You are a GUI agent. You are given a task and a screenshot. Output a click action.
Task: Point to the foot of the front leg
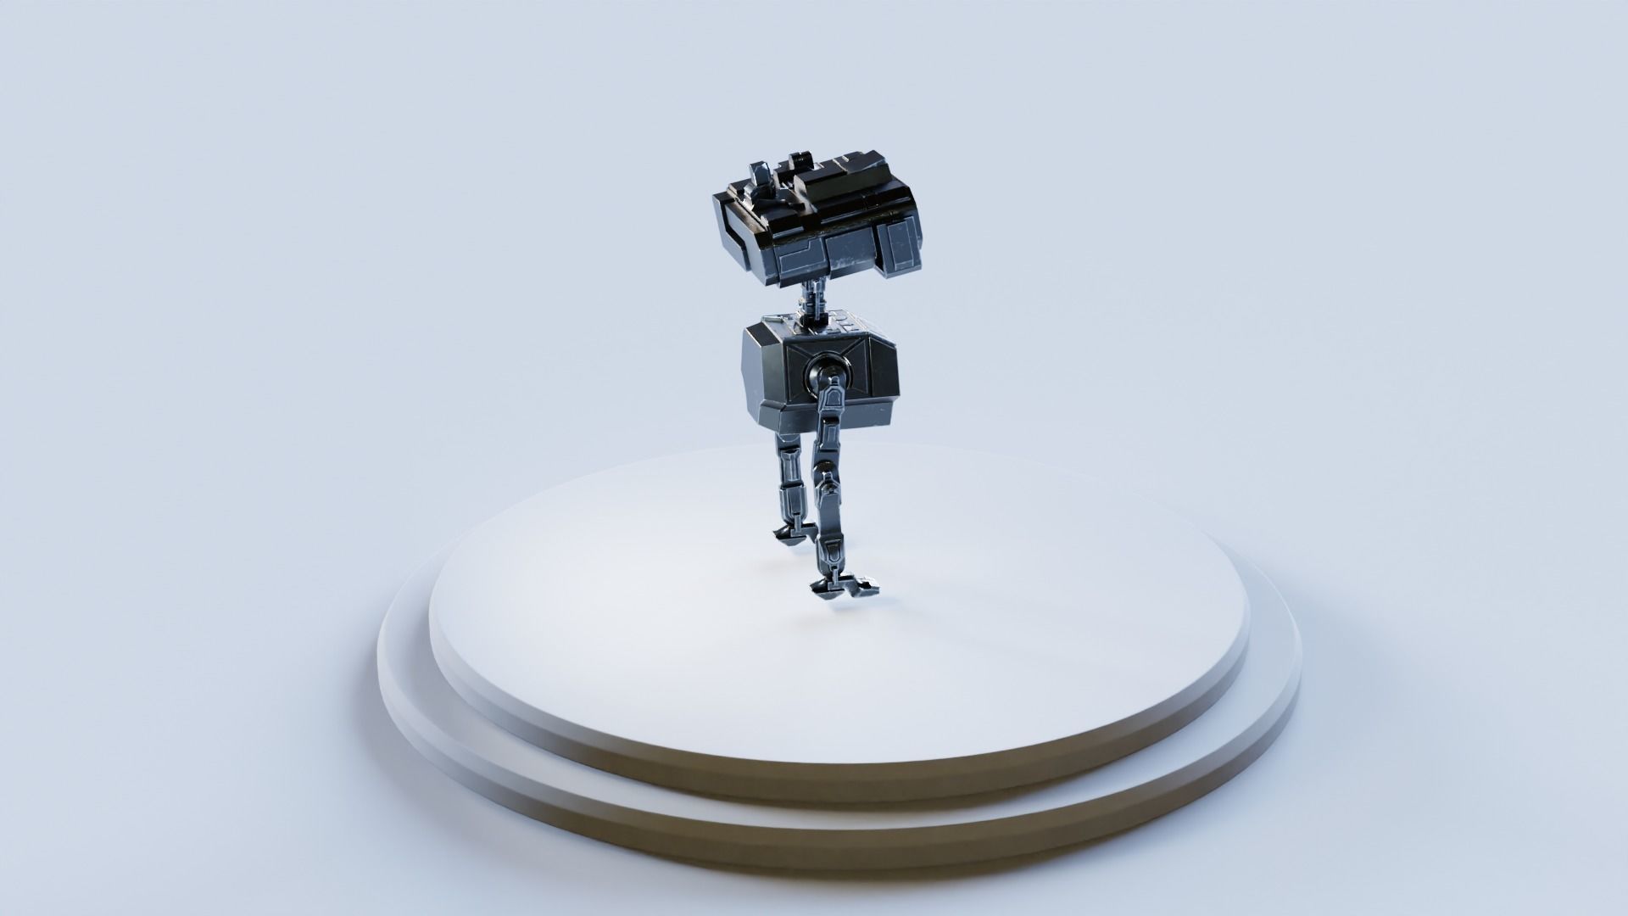click(844, 585)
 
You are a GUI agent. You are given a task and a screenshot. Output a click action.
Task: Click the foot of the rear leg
click(789, 532)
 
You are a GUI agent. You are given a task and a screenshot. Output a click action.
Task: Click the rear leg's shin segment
click(787, 492)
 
